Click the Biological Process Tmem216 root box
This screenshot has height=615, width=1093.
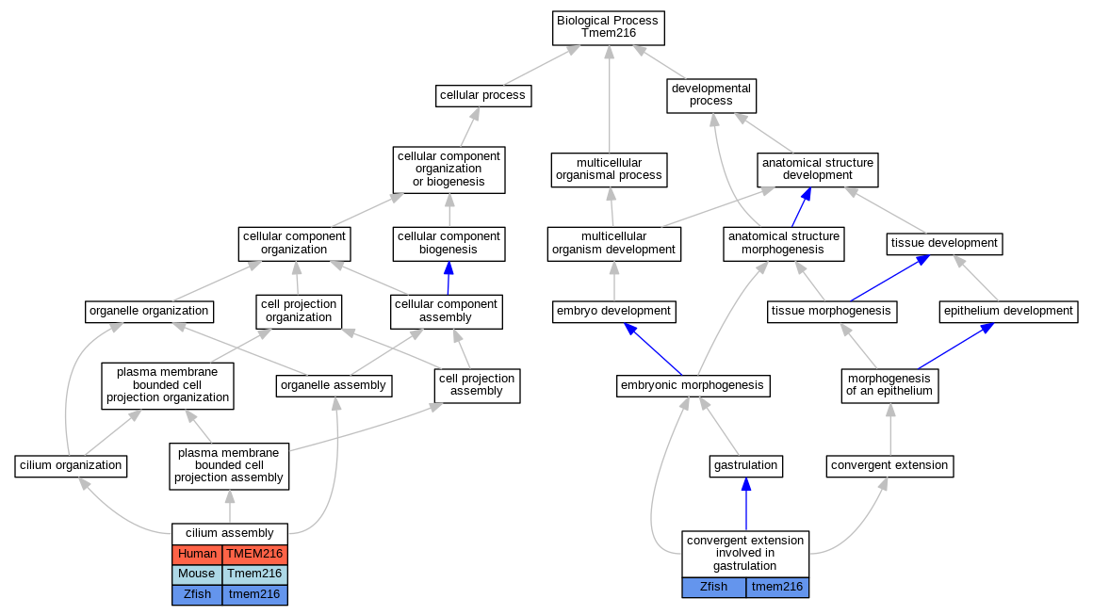tap(609, 28)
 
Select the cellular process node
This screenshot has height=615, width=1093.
tap(483, 95)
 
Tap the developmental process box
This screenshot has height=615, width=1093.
tap(711, 95)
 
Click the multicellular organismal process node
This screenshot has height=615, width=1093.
tap(609, 170)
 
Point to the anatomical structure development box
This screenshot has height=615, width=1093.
tap(818, 170)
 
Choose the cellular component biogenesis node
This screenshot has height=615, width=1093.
tap(449, 244)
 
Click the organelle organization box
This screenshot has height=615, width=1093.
tap(149, 312)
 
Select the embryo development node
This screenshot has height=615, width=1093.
tap(614, 312)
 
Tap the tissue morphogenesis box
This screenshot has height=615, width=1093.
tap(832, 312)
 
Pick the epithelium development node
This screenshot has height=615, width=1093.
tap(1008, 312)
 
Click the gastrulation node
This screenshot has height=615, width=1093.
tap(746, 466)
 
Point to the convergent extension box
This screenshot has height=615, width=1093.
tap(889, 466)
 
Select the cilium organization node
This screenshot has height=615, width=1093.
tap(71, 466)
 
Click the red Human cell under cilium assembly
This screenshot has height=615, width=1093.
tap(197, 555)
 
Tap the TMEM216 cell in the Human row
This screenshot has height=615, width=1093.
tap(255, 555)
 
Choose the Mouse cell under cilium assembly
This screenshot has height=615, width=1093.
tap(197, 575)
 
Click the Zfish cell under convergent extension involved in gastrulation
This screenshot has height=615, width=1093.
tap(714, 587)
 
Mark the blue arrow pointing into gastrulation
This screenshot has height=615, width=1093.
tap(746, 504)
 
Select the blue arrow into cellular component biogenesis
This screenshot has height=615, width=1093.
tap(449, 278)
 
